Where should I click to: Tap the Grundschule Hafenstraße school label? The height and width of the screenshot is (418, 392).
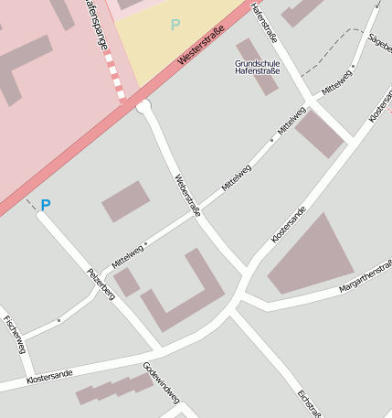(257, 67)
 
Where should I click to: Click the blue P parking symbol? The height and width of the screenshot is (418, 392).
(45, 206)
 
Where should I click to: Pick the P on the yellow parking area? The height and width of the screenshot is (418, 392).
(175, 25)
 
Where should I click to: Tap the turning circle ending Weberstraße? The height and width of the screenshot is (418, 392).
(143, 108)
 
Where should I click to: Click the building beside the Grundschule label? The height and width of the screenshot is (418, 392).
(257, 66)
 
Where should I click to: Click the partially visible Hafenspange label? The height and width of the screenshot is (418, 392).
(93, 22)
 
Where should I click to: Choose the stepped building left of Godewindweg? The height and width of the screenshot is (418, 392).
(114, 389)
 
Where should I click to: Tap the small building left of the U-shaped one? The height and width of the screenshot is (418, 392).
(126, 282)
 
